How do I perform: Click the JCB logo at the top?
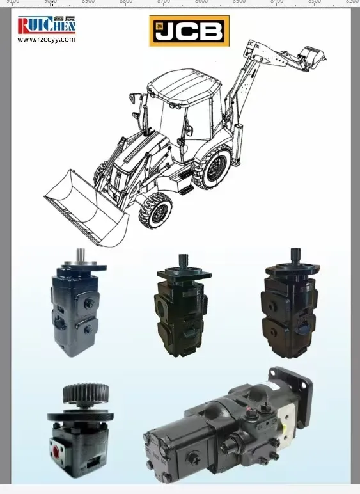pyautogui.click(x=189, y=31)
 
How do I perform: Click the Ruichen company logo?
pyautogui.click(x=47, y=25)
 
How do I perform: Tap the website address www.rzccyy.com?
pyautogui.click(x=47, y=40)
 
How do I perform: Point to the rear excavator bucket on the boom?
pyautogui.click(x=313, y=54)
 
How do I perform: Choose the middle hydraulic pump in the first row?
pyautogui.click(x=181, y=304)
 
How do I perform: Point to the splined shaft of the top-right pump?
pyautogui.click(x=295, y=255)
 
